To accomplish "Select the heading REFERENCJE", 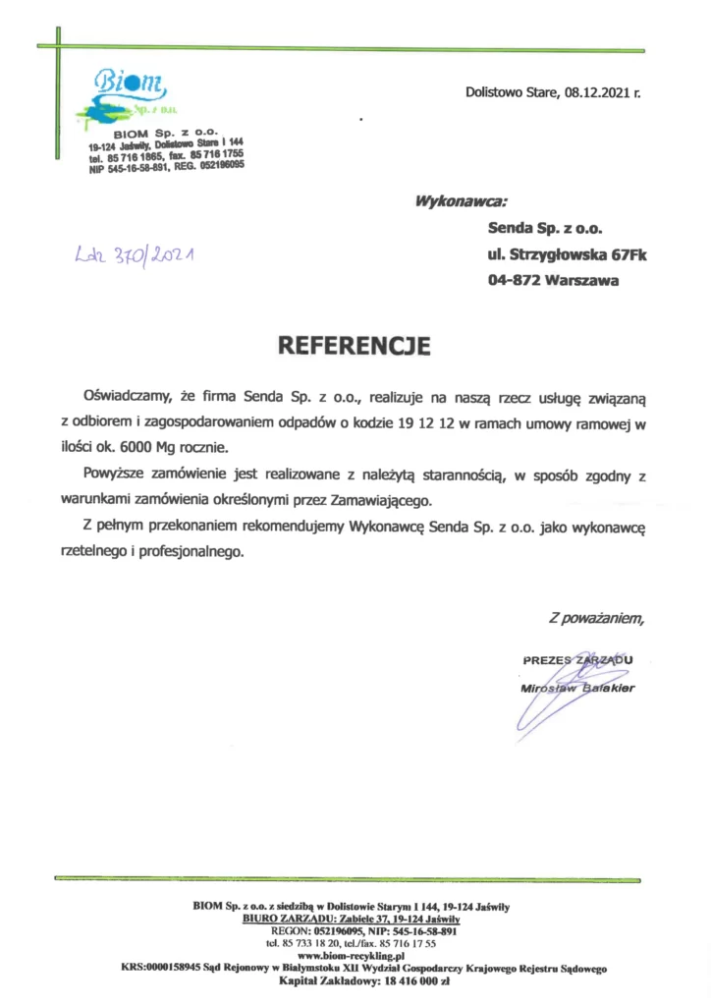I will (x=355, y=345).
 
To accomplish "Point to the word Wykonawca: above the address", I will (x=462, y=201).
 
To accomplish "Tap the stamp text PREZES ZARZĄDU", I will (x=577, y=659).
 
